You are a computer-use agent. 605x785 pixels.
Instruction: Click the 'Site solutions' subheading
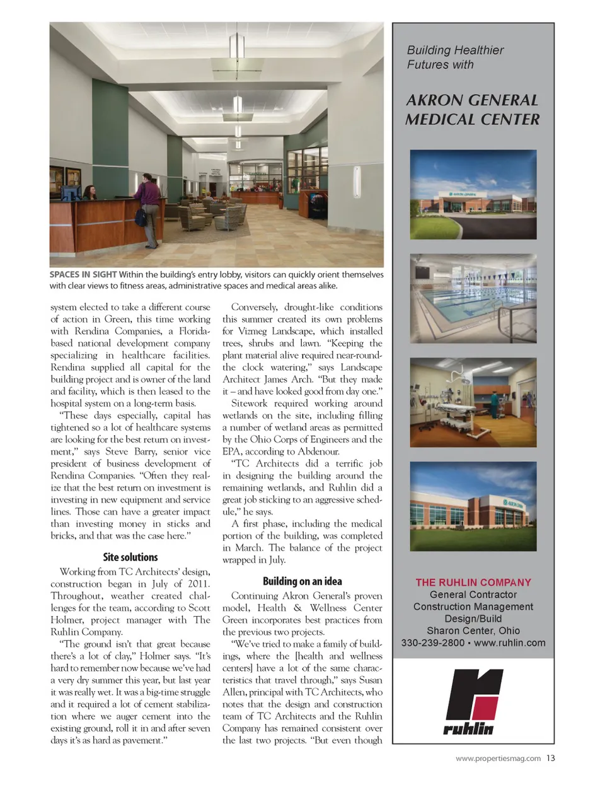(x=130, y=557)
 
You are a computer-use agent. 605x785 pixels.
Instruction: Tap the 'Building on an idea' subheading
(x=302, y=581)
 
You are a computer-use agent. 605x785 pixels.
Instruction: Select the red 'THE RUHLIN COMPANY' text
(x=473, y=583)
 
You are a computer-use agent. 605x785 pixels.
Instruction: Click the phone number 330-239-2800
(x=433, y=643)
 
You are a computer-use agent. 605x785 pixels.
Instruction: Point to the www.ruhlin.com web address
(x=509, y=643)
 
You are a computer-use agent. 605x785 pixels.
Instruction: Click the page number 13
(x=551, y=758)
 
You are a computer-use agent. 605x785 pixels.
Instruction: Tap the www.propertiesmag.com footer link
(x=498, y=759)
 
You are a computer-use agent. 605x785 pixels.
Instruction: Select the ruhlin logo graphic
(x=473, y=702)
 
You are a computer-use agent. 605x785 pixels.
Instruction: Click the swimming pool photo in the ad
(x=473, y=298)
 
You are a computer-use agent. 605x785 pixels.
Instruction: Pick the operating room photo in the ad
(x=473, y=403)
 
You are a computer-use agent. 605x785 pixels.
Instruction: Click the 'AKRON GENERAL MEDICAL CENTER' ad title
(x=473, y=110)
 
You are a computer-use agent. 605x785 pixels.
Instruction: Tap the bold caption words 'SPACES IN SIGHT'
(x=83, y=275)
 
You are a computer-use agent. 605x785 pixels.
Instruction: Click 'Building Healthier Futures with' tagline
(x=455, y=57)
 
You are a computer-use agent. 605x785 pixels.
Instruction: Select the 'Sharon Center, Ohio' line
(x=473, y=631)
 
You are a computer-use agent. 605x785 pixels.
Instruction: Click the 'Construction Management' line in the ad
(x=473, y=607)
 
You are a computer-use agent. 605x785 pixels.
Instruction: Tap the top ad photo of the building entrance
(x=473, y=194)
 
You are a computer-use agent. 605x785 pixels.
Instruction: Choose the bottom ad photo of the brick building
(x=473, y=506)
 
